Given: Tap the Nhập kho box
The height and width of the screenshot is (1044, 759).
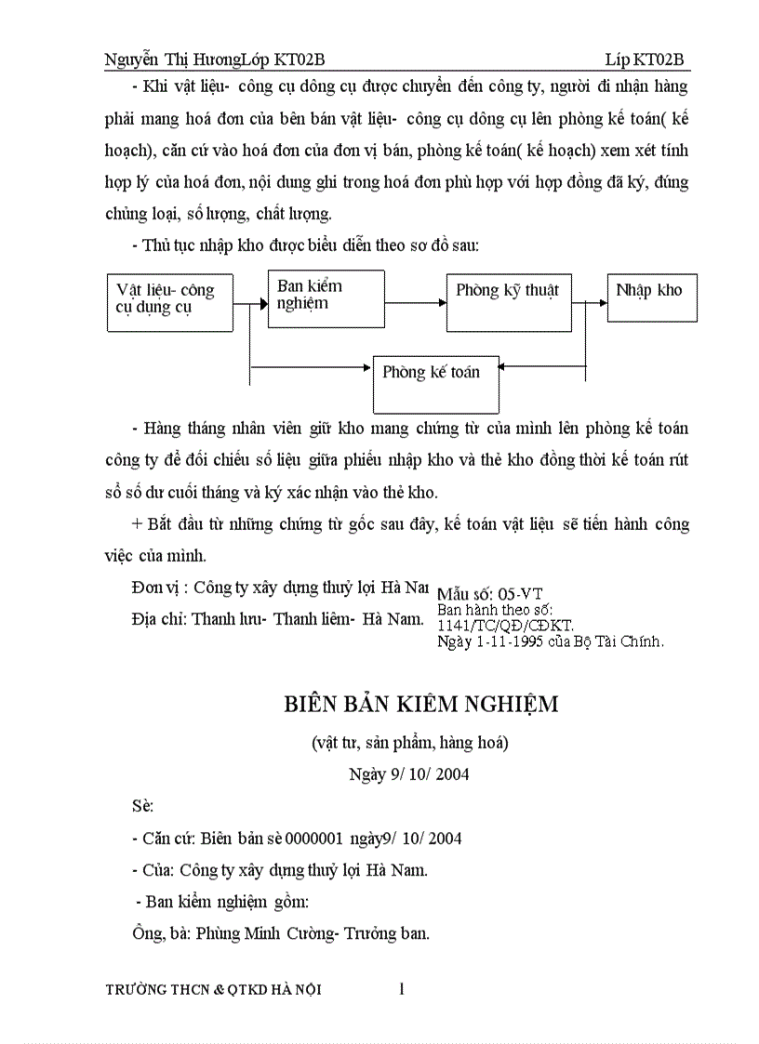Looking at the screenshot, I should coord(652,297).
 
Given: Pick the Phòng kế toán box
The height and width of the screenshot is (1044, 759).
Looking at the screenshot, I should coord(435,383).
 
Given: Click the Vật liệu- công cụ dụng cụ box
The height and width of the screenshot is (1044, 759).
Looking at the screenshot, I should coord(169,303).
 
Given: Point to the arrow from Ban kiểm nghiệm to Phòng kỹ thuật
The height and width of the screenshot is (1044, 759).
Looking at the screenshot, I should coord(415,302).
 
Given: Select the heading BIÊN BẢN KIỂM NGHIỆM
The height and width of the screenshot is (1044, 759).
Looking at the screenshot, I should coord(421,704).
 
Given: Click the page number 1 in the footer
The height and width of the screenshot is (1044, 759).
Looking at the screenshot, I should coord(402,989).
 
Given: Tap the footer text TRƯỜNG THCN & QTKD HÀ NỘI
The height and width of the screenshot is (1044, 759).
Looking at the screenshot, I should coord(214,990).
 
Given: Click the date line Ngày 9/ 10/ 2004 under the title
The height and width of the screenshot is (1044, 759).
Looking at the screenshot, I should coord(409,773).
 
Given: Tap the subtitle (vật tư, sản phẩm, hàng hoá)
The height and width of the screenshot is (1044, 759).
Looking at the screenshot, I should coord(410,742).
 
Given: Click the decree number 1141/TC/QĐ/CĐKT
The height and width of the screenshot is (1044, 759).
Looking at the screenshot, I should coord(505,626).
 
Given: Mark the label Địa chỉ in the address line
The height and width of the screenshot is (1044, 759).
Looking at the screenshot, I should coord(159,618).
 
